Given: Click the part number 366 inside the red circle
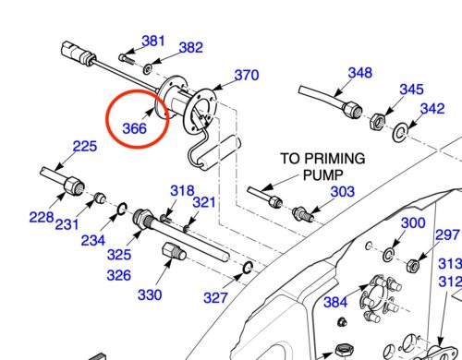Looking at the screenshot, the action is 134,128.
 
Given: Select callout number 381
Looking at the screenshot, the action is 153,41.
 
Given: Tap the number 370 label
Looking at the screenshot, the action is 247,75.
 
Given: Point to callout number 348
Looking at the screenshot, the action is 360,73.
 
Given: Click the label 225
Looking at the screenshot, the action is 85,146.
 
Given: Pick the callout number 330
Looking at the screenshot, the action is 150,294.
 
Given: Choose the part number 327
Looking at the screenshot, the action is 215,298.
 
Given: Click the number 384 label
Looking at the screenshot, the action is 335,302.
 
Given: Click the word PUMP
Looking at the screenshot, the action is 323,175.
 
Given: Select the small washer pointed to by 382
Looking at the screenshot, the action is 148,69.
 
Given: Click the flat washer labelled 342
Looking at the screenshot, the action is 400,133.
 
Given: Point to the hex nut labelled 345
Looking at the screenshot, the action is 377,122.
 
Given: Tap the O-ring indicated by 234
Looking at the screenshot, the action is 122,209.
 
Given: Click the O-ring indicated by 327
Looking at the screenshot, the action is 248,267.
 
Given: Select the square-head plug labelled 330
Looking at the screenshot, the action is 174,252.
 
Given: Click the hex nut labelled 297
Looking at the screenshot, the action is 413,265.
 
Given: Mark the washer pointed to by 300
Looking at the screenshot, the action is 388,255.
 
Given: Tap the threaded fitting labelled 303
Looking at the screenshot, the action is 303,214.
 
